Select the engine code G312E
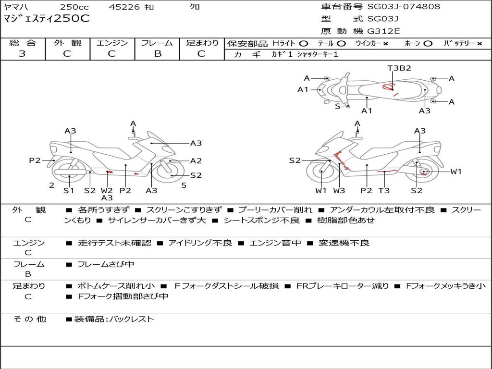[x=383, y=31]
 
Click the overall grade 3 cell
[x=22, y=54]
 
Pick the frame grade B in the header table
[x=157, y=54]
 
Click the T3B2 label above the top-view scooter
[x=399, y=68]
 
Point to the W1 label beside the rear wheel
[x=455, y=172]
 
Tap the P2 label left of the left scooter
[x=35, y=160]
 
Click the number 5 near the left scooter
[x=184, y=185]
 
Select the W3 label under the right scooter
[x=339, y=191]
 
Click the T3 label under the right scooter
[x=383, y=191]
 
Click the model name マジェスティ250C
[x=47, y=19]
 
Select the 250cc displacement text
[x=74, y=7]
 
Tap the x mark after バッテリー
[x=479, y=44]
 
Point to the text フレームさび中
[x=106, y=264]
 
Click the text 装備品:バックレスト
[x=114, y=319]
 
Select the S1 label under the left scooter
[x=69, y=191]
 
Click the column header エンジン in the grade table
[x=112, y=43]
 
